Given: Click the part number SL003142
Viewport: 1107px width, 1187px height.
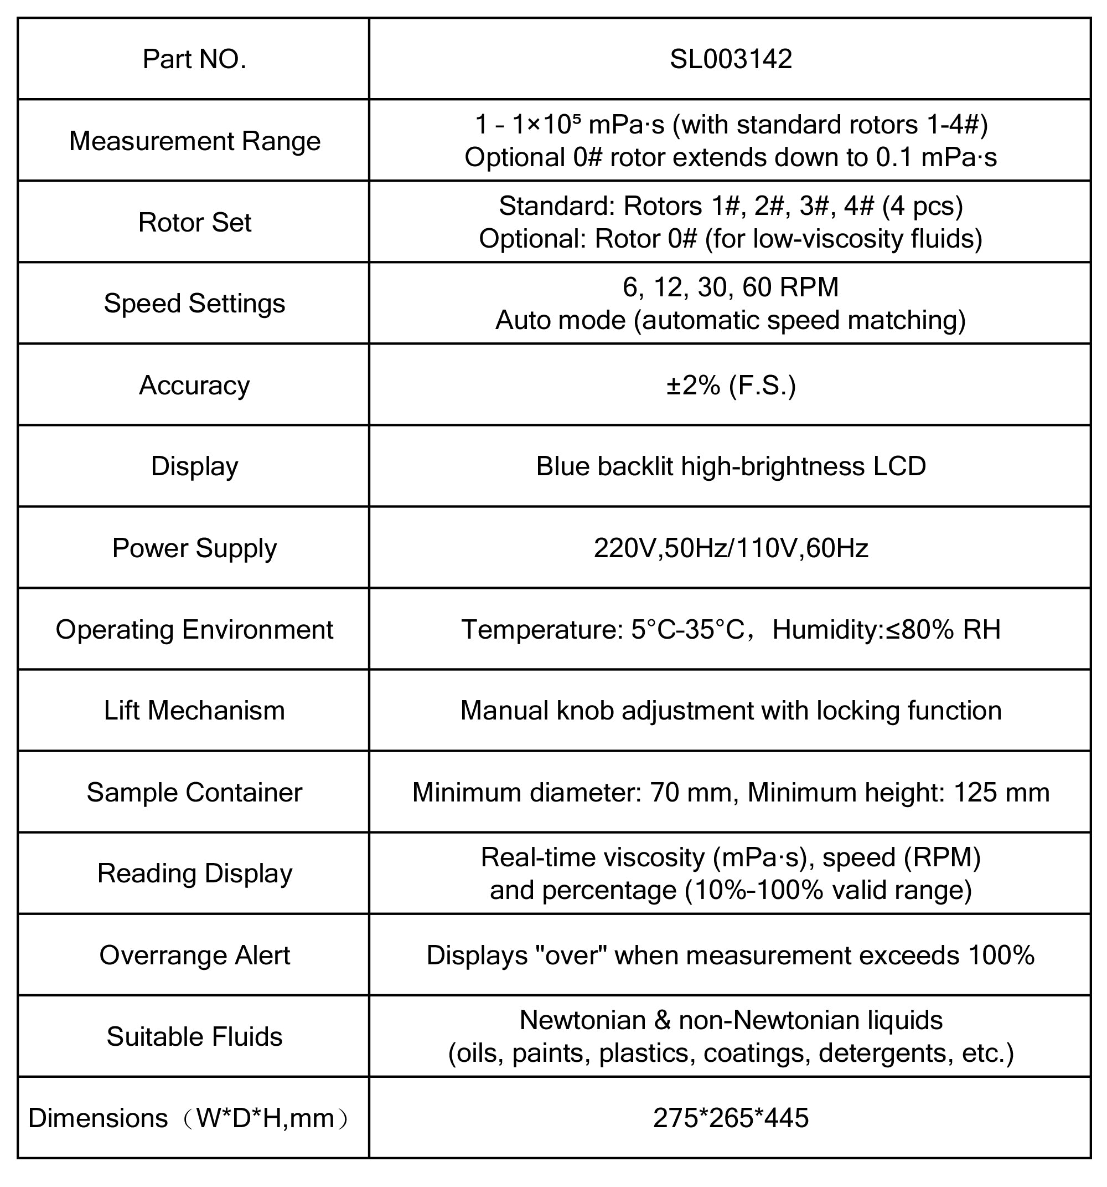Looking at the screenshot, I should coord(731,59).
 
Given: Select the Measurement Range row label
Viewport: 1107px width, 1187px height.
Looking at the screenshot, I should coord(194,141).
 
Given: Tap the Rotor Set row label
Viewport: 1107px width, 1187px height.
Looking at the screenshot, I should coord(194,222).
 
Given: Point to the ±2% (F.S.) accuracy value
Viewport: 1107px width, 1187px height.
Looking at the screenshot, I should coord(731,385).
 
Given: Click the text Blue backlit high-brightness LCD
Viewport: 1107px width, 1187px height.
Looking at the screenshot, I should coord(731,466).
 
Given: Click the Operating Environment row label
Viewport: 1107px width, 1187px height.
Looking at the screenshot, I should coord(194,629).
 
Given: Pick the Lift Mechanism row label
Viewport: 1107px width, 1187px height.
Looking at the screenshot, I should coord(194,711).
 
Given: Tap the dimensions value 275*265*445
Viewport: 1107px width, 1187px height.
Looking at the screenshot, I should coord(731,1118).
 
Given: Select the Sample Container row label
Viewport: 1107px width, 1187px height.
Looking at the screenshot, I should coord(194,792).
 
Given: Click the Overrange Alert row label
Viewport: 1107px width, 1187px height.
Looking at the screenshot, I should coord(194,955).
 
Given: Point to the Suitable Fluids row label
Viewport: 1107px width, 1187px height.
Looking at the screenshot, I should coord(194,1036).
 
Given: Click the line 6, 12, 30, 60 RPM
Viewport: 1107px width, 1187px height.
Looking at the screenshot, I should coord(731,287).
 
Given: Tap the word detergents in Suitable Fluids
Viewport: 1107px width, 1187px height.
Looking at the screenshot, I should coord(883,1052).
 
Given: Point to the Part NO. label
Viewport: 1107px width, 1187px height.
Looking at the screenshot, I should coord(194,59).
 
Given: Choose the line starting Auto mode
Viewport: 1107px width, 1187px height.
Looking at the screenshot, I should coord(731,320).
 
